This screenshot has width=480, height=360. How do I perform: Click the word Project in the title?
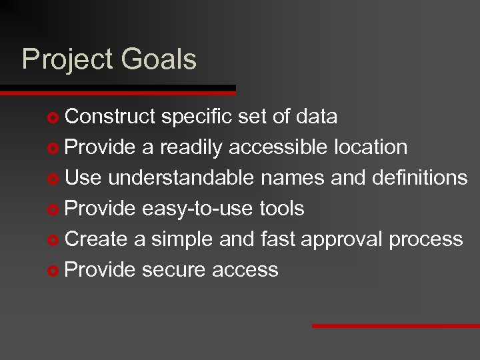pos(67,59)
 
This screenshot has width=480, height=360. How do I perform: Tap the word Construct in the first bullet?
pos(111,117)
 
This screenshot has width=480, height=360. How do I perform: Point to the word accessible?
pos(278,147)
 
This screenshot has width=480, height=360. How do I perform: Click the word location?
pos(370,147)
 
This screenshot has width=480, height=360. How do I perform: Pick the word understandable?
pos(181,177)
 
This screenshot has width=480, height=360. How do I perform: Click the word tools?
pos(279,209)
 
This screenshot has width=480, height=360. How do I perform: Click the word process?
pos(427,239)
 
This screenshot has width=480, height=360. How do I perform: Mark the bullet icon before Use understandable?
pos(54,179)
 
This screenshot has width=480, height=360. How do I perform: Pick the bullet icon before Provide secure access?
pos(54,271)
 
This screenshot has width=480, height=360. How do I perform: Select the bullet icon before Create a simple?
pos(54,240)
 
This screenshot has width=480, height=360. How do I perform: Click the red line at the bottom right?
pos(396,326)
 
